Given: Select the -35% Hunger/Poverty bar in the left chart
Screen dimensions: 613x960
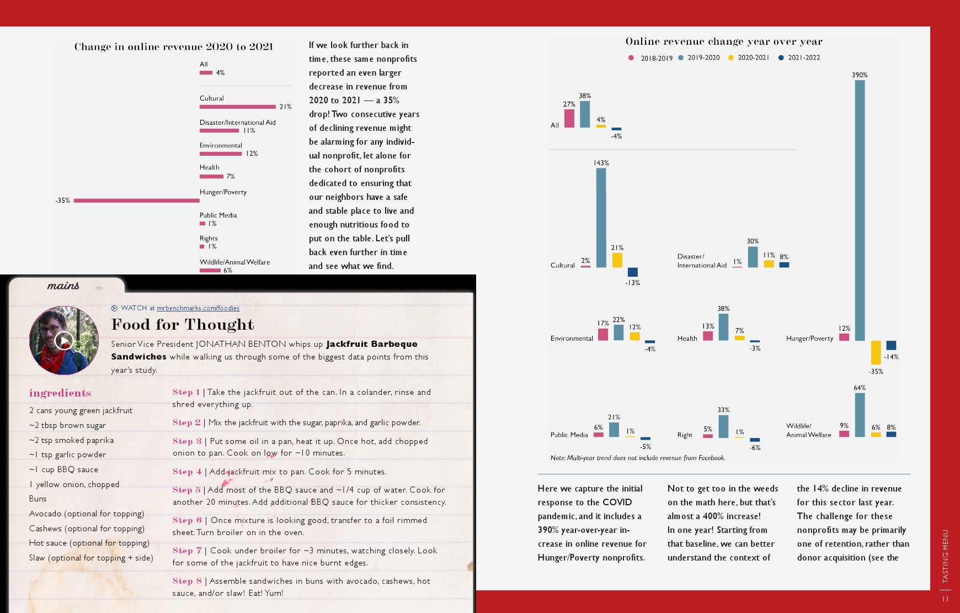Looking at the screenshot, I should (x=136, y=200).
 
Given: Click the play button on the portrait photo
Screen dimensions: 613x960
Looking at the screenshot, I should (x=64, y=340).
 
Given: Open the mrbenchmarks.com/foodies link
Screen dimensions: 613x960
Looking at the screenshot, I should (x=198, y=308).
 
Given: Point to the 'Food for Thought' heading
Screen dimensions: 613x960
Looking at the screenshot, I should (x=183, y=324).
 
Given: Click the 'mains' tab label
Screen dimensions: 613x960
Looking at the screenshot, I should (x=63, y=286).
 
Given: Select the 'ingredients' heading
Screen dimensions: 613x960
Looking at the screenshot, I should (x=60, y=393).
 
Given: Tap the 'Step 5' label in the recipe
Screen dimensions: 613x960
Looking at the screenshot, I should (x=186, y=490).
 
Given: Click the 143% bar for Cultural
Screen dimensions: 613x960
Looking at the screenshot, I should (x=601, y=218).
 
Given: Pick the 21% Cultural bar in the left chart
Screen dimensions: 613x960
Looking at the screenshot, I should (x=237, y=107).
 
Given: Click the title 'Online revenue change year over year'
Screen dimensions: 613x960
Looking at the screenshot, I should (x=724, y=41).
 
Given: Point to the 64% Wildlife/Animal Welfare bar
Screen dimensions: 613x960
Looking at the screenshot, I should (x=860, y=415).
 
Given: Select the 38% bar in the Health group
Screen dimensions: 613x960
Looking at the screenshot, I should (x=723, y=327).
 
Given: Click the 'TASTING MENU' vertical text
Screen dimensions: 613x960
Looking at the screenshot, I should (x=945, y=556).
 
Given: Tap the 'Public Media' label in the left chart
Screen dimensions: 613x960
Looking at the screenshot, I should (x=218, y=215).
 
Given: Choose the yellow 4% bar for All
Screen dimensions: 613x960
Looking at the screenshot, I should (x=601, y=126).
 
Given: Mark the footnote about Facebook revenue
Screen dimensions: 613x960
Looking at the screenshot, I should (x=638, y=458).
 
